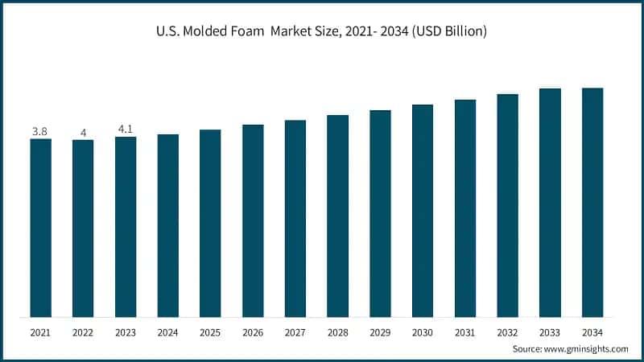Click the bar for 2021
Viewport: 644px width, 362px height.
[40, 228]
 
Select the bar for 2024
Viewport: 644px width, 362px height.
[167, 225]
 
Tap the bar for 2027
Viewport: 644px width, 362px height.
[295, 218]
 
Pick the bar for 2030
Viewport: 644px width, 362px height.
[423, 211]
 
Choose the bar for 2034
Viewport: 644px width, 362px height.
[592, 202]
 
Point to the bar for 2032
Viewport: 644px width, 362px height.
[507, 205]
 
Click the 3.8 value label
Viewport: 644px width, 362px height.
[39, 130]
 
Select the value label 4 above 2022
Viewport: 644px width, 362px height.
[83, 132]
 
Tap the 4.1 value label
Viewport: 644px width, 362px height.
[125, 128]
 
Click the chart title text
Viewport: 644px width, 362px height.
[321, 32]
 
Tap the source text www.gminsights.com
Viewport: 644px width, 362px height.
[587, 349]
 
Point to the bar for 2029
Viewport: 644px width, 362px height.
[380, 213]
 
